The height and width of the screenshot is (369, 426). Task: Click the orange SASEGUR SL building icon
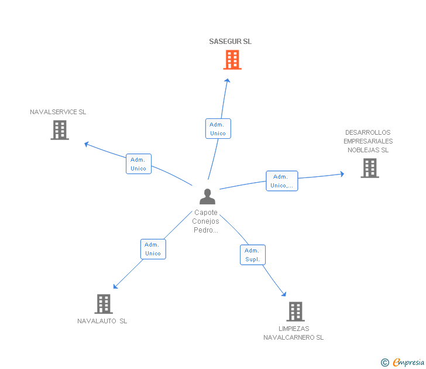tap(232, 60)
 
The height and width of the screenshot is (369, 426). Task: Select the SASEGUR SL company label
tap(230, 42)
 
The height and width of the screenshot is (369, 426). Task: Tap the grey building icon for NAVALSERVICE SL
tap(60, 130)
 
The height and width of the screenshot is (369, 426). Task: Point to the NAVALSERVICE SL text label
tap(58, 112)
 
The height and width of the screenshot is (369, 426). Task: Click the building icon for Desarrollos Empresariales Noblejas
tap(370, 168)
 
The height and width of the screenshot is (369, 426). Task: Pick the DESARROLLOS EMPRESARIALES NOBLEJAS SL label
tap(368, 141)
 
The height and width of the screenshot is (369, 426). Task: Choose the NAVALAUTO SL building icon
tap(104, 304)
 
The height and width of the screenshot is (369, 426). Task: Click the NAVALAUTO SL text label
tap(102, 321)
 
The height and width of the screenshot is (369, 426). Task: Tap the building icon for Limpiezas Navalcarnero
tap(296, 312)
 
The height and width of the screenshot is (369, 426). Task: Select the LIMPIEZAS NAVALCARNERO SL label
tap(293, 333)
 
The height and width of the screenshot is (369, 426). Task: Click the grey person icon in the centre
tap(207, 196)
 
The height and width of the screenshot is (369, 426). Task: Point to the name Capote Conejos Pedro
tap(205, 221)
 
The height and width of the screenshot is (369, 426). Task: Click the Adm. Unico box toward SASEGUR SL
tap(218, 129)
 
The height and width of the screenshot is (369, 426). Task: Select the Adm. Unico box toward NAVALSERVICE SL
tap(139, 163)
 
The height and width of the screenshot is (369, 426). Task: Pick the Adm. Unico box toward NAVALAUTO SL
tap(153, 249)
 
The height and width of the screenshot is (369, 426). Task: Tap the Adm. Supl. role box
tap(253, 255)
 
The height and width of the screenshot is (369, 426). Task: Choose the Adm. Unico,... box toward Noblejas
tap(282, 181)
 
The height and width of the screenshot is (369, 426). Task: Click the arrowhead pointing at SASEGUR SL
tap(228, 80)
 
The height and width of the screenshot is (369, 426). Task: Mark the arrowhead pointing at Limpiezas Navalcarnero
tap(284, 293)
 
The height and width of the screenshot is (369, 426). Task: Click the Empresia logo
tap(403, 362)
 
